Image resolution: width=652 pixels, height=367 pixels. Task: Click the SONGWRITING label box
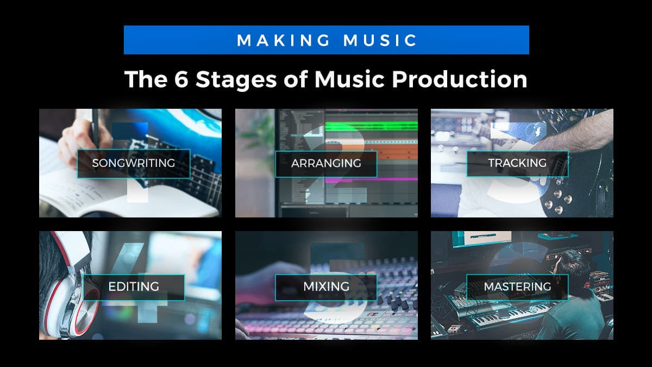coord(133,163)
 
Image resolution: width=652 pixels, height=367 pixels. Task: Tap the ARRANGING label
coord(326,163)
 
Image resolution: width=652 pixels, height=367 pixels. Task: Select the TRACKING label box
coord(517,163)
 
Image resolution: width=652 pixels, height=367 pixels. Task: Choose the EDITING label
coord(134,287)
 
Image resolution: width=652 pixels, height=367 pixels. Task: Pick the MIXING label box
coord(326,287)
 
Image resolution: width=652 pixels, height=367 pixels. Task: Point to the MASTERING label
coord(517,287)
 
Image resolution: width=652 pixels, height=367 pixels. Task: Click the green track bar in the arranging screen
coord(369,127)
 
